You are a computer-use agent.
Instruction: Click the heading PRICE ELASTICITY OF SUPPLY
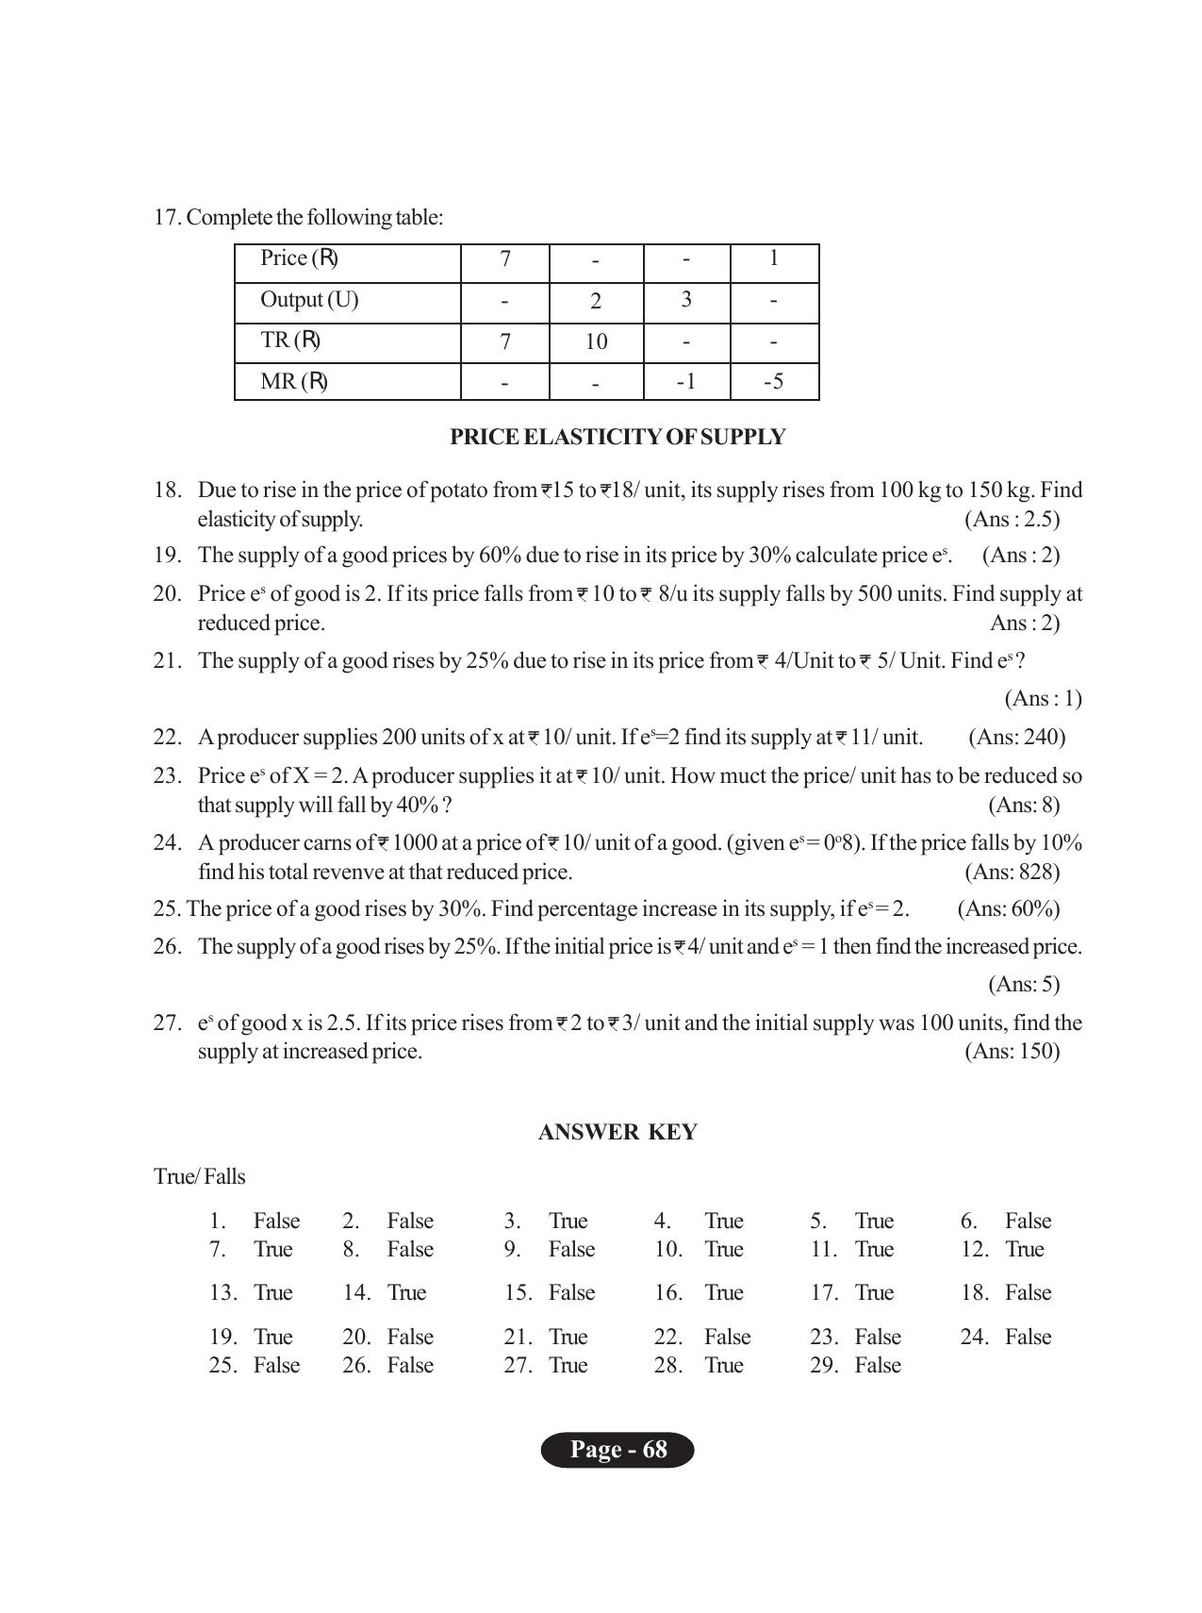[x=617, y=437]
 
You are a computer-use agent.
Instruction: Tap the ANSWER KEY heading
[x=617, y=1132]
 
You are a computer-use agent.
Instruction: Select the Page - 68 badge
[x=617, y=1450]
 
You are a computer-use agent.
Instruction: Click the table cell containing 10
[x=596, y=341]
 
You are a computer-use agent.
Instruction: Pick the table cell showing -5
[x=773, y=382]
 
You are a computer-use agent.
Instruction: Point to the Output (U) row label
[x=309, y=300]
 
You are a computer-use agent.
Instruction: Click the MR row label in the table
[x=294, y=382]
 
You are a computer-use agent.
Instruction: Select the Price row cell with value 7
[x=505, y=259]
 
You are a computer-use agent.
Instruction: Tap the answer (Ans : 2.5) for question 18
[x=1012, y=519]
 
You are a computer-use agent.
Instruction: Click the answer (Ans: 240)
[x=1016, y=737]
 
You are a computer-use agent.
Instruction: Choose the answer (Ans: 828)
[x=1012, y=872]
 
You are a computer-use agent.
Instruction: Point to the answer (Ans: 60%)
[x=1008, y=908]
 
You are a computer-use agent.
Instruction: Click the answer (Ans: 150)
[x=1012, y=1051]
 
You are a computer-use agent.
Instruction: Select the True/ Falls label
[x=200, y=1176]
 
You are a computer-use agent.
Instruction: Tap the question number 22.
[x=167, y=737]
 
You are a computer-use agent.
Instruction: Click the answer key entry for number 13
[x=251, y=1292]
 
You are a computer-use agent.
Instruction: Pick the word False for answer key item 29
[x=878, y=1365]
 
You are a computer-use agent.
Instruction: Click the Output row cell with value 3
[x=686, y=300]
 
